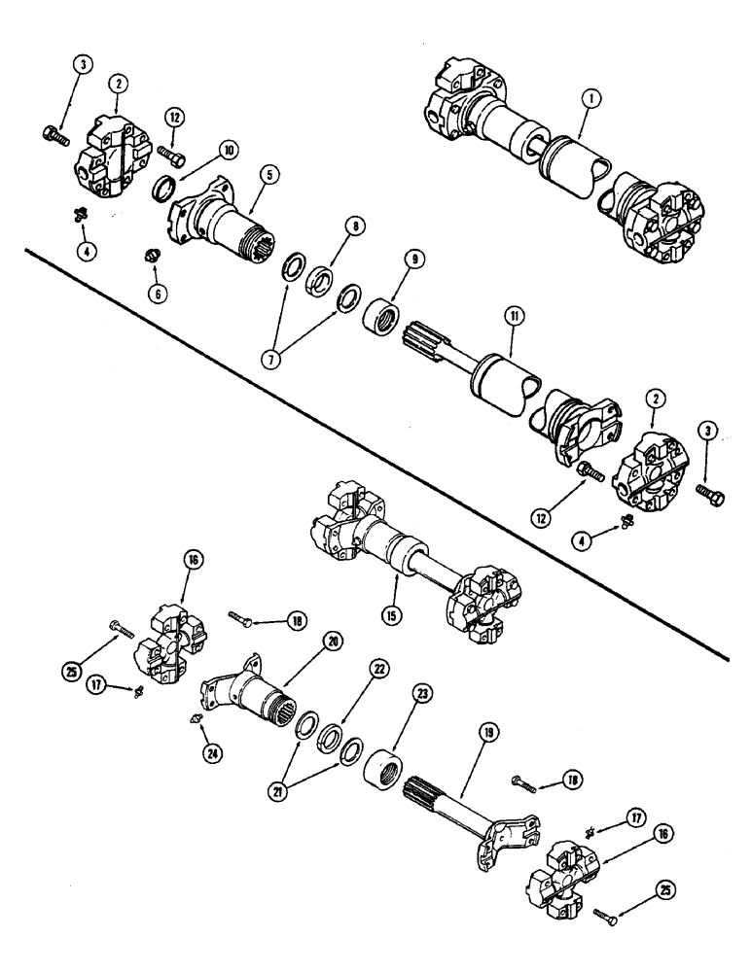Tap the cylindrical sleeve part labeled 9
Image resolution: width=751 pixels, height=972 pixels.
[382, 319]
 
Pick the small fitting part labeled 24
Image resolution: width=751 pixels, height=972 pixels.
[195, 719]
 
